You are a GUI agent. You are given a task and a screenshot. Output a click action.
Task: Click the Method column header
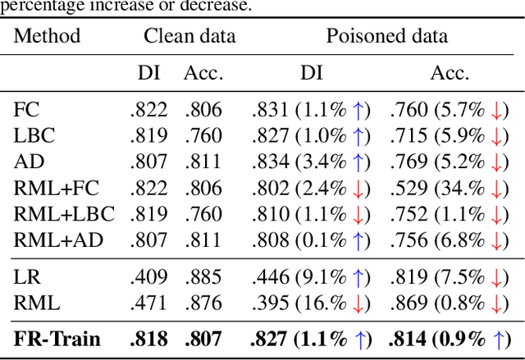(48, 36)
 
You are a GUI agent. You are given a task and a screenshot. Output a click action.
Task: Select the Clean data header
(189, 36)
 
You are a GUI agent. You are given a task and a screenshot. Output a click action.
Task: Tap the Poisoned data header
(387, 36)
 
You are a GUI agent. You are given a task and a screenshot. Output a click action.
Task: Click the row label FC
(26, 109)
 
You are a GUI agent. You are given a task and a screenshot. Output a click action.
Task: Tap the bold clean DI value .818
(148, 339)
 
